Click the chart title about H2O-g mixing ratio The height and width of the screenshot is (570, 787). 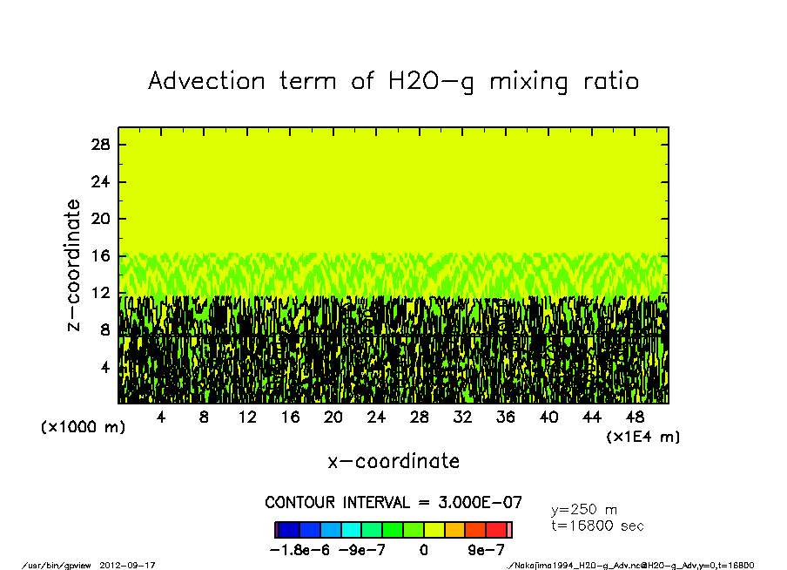click(393, 81)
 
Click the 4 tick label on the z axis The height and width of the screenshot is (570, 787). click(105, 368)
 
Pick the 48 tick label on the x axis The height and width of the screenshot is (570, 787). click(635, 417)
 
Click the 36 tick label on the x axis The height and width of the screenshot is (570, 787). click(505, 417)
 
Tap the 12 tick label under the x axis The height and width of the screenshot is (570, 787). click(246, 417)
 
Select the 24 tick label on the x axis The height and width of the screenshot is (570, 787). click(376, 417)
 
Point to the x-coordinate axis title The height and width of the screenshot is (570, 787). click(393, 461)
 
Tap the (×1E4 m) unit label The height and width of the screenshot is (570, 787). click(643, 437)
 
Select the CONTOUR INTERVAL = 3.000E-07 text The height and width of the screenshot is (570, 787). click(393, 503)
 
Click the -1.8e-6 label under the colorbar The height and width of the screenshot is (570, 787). click(299, 550)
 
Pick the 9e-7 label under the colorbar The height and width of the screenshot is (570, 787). click(486, 550)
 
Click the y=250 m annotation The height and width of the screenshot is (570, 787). click(584, 510)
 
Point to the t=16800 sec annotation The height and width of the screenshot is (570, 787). click(597, 526)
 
